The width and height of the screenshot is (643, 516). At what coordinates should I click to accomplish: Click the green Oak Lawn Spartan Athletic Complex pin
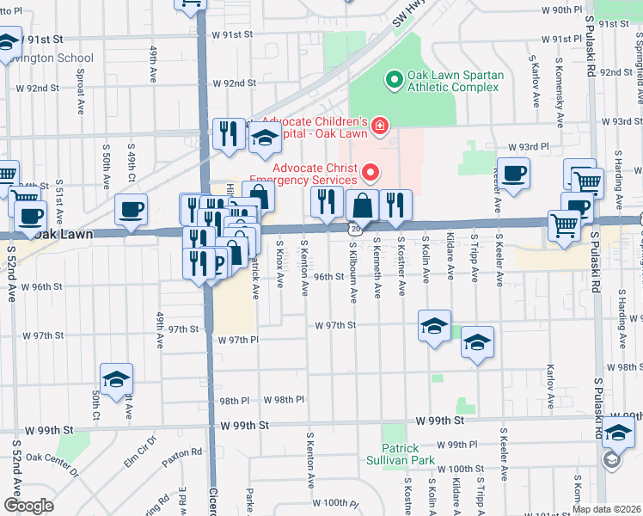tap(394, 81)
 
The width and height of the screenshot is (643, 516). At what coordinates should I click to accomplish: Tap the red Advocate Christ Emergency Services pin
tap(370, 173)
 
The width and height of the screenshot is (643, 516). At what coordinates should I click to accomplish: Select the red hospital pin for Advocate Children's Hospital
tap(378, 128)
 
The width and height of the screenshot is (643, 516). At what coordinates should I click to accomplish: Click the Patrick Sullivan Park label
tap(401, 454)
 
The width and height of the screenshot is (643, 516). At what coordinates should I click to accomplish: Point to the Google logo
tap(28, 505)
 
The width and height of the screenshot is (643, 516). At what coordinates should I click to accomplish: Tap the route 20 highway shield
tap(354, 230)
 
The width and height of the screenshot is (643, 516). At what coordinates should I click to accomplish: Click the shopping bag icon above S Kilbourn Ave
tap(363, 206)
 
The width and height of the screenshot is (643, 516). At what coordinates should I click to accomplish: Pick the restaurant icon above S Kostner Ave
tap(395, 205)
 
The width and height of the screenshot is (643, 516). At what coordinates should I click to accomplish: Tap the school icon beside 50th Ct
tap(116, 379)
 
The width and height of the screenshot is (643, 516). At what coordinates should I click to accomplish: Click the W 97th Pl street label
tap(239, 341)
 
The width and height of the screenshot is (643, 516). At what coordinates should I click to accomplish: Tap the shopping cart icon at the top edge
tap(191, 3)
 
